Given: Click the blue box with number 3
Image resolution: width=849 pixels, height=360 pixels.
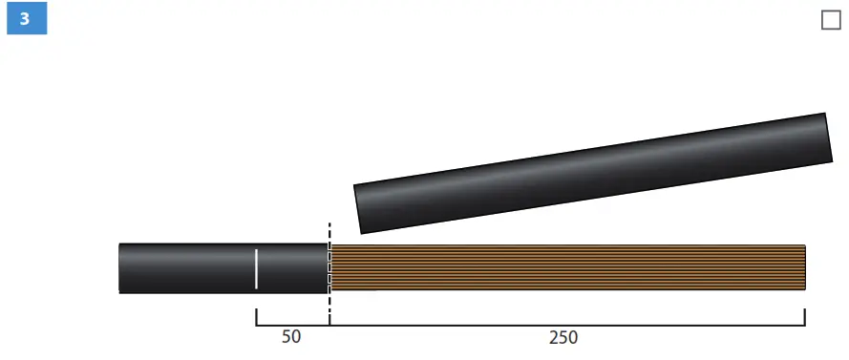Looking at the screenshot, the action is pos(27,18).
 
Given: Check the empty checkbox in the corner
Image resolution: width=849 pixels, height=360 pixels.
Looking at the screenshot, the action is pos(831,20).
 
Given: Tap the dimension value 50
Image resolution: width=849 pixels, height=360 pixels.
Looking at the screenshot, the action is pos(290,337).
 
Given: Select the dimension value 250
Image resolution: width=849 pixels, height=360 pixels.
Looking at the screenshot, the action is pos(563,338).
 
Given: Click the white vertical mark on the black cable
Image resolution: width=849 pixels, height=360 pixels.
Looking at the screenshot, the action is pos(256,269).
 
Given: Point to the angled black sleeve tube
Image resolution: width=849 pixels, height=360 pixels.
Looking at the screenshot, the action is pos(593,173).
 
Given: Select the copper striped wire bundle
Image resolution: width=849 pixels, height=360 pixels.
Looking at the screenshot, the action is pos(567,267).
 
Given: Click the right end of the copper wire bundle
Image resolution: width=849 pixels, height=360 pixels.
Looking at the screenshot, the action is pos(805,267).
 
